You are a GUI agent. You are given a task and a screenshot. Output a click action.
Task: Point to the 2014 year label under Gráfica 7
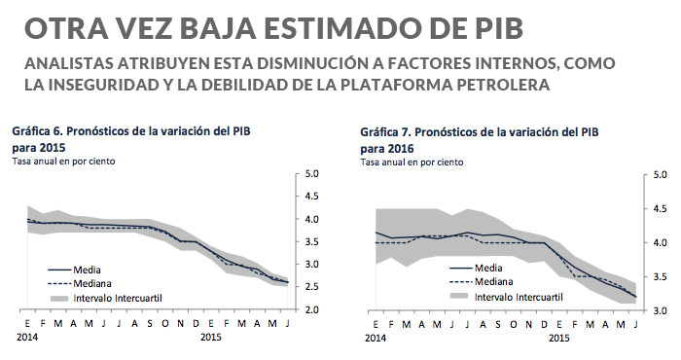tap(375, 336)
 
